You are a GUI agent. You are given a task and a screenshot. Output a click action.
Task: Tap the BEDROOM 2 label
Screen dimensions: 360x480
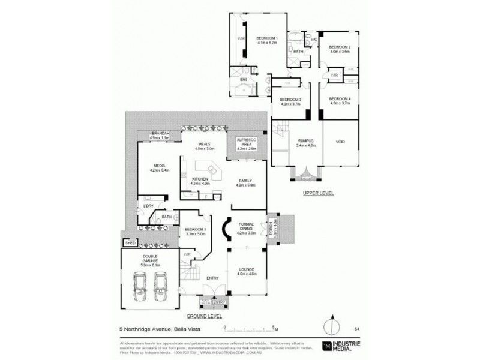point(339,49)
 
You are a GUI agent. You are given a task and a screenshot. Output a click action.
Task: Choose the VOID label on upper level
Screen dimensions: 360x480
point(340,142)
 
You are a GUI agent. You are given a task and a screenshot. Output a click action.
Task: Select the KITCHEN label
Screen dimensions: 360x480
point(200,181)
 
